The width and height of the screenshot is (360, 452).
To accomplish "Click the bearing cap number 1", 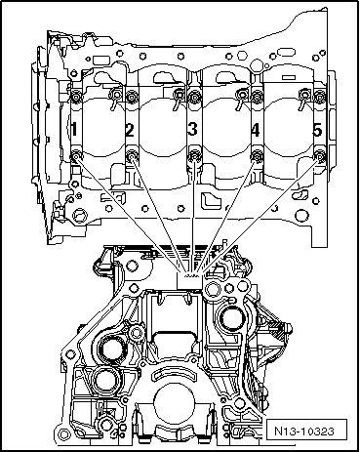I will (x=74, y=129).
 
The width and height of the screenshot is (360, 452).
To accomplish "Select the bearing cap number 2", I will (x=130, y=129).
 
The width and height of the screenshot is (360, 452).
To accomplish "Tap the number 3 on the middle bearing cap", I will (x=192, y=129).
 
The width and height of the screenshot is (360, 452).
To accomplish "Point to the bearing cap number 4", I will (x=255, y=129).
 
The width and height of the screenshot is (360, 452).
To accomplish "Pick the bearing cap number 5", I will (x=316, y=129).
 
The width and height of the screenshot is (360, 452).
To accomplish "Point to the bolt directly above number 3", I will (x=194, y=96).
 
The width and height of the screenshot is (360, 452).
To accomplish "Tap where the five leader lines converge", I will (x=191, y=275).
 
